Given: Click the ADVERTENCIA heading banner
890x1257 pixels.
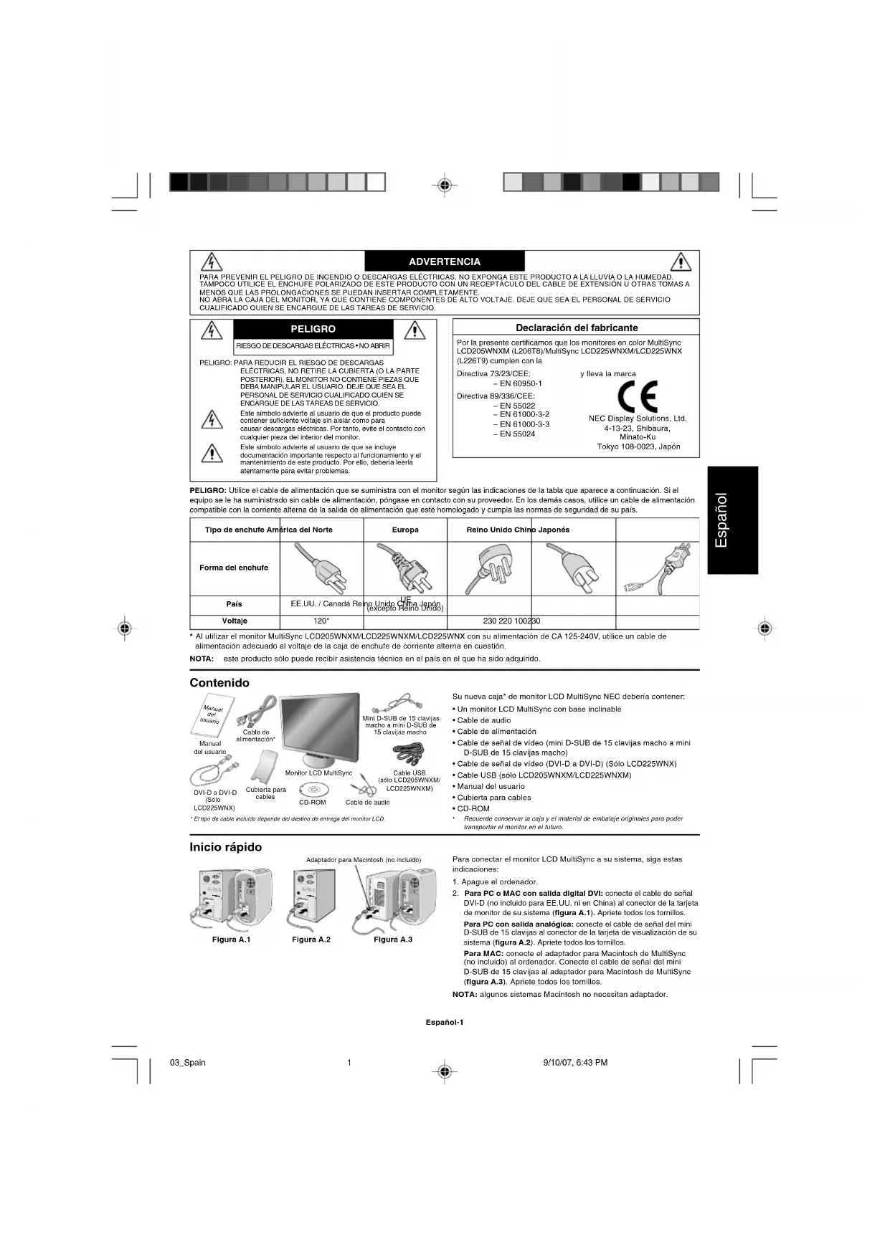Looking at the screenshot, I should click(445, 262).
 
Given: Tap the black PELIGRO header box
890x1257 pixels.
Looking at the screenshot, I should click(313, 329).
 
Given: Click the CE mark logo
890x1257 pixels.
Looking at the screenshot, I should click(637, 394).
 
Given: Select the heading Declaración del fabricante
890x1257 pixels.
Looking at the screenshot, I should click(577, 328).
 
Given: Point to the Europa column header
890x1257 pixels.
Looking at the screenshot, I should click(405, 530).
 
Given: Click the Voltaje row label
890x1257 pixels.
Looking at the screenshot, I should click(235, 621).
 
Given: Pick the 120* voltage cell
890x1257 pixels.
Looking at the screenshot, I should click(321, 621).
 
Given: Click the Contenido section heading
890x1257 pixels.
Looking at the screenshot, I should click(219, 683).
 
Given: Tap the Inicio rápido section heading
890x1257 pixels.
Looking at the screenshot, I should click(225, 847).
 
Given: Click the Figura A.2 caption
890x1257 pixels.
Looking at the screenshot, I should click(311, 940).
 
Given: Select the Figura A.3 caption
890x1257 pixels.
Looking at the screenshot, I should click(393, 940).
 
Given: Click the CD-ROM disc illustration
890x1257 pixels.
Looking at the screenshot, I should click(313, 789).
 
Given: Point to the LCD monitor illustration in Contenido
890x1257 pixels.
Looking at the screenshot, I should click(319, 730).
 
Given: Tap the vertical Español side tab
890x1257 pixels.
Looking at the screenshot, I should click(732, 520).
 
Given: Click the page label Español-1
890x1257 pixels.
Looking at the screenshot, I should click(445, 1022).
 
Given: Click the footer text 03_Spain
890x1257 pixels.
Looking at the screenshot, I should click(188, 1063).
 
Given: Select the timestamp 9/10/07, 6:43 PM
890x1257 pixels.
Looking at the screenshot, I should click(575, 1063).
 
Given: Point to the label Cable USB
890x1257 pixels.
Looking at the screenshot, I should click(409, 773).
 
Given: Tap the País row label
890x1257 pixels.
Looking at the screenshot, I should click(235, 604).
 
